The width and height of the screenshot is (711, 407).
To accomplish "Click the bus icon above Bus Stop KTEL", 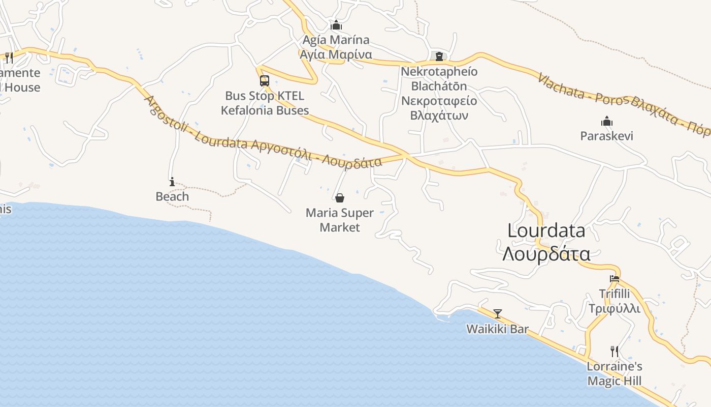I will tap(264, 80).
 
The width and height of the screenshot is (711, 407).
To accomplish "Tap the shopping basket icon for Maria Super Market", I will tap(340, 197).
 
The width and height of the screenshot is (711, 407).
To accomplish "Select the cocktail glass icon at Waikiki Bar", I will tap(498, 313).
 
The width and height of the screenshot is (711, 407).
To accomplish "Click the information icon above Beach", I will tap(172, 181).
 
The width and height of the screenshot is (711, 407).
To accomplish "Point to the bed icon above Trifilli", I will tap(615, 278).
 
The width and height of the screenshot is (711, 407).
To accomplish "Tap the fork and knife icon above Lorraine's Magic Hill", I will tap(615, 351).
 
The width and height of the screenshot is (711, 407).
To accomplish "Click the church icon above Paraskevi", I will tap(606, 121).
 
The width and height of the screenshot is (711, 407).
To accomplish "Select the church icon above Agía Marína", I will tap(336, 25).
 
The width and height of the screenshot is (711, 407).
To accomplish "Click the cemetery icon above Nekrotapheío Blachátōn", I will tap(439, 56).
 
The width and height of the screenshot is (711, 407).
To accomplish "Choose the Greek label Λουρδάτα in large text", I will tap(546, 253).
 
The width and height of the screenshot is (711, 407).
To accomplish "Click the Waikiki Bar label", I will tap(498, 329).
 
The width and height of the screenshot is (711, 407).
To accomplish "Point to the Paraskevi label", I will tap(606, 136).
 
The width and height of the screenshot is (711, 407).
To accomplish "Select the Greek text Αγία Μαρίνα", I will tap(336, 54).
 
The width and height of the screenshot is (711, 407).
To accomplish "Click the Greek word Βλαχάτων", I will tap(439, 115).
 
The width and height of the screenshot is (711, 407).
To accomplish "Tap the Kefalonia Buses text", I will tap(265, 110).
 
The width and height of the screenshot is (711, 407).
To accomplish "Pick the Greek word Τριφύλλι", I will tap(615, 308).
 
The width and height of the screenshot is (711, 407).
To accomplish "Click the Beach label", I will tap(172, 196).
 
